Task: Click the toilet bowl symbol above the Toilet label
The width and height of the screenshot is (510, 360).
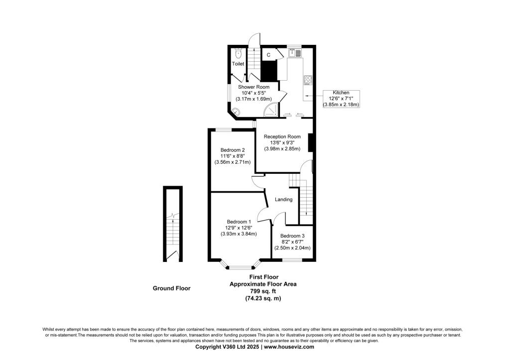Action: [x=238, y=52]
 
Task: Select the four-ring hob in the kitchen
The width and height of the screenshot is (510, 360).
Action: [x=308, y=80]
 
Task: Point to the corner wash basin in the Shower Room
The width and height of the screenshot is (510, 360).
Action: [x=235, y=112]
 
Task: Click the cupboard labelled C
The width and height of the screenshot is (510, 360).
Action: [x=268, y=54]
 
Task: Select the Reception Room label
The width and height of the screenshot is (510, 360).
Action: [x=282, y=136]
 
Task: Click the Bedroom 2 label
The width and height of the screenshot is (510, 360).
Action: [x=232, y=150]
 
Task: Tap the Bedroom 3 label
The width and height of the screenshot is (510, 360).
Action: [x=292, y=236]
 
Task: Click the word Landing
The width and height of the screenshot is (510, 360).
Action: [x=283, y=200]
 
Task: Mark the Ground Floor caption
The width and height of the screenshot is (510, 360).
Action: [x=171, y=288]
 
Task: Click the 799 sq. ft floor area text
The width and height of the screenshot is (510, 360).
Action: [x=263, y=291]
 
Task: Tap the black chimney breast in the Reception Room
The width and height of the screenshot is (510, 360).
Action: [x=310, y=142]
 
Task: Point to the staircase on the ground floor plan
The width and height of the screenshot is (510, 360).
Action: [x=172, y=235]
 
